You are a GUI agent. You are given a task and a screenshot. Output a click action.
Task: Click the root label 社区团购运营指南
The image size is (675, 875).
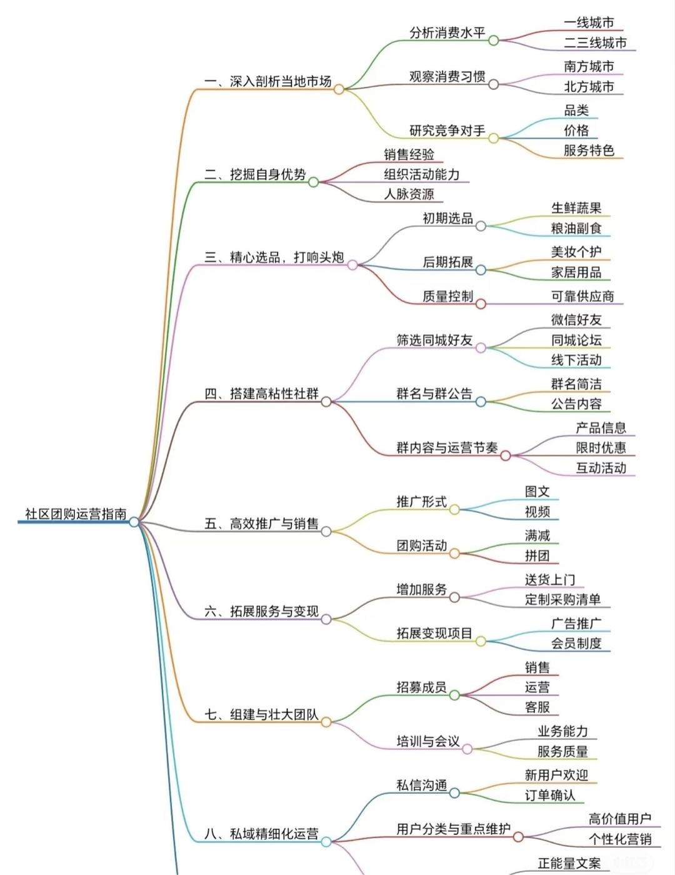[76, 514]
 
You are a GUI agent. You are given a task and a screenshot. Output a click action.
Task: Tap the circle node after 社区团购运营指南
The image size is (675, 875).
[134, 522]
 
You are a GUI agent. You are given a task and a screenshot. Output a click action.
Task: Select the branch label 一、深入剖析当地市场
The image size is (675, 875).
[268, 81]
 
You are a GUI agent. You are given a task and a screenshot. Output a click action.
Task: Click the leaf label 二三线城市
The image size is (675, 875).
[595, 43]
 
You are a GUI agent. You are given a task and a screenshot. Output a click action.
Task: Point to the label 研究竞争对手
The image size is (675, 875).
[447, 131]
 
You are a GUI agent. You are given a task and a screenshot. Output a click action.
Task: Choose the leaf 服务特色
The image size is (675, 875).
[589, 150]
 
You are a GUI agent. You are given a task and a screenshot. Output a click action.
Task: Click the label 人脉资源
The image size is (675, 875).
[409, 194]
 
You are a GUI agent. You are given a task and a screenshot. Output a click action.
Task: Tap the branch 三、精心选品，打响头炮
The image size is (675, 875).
[274, 257]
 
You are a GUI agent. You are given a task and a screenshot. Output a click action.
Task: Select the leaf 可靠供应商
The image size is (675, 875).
[582, 296]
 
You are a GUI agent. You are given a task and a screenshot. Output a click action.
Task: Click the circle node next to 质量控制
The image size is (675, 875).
[481, 304]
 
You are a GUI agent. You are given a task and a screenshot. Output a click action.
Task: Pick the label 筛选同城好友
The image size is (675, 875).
[434, 340]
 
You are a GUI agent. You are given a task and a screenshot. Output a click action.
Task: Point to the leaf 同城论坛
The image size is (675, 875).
[576, 340]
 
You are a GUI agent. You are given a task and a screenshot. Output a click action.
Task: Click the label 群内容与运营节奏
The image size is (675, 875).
[447, 448]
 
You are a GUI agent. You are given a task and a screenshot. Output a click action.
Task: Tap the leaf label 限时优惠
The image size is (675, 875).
[601, 448]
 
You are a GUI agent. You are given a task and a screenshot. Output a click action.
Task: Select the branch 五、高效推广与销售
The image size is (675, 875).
[262, 523]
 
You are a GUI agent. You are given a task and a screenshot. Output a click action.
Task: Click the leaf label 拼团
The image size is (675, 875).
[537, 555]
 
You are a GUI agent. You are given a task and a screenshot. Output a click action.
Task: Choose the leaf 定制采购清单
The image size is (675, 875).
[562, 599]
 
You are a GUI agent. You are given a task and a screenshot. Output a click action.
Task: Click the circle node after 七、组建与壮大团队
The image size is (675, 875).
[326, 722]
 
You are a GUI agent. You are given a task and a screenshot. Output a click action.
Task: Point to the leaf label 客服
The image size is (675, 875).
[537, 707]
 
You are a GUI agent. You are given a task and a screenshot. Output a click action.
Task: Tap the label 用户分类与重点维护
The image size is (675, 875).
[453, 829]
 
